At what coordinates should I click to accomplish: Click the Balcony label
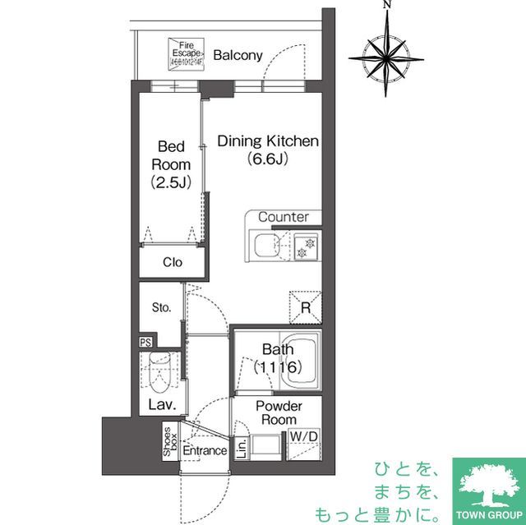(x=238, y=56)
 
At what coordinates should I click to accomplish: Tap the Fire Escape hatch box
(x=185, y=53)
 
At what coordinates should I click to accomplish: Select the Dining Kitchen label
(x=267, y=150)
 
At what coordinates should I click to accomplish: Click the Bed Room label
(x=170, y=164)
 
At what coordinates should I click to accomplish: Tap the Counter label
(x=284, y=217)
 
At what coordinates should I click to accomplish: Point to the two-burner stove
(x=305, y=246)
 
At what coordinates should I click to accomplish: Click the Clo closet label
(x=172, y=263)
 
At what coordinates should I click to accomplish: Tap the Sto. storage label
(x=161, y=308)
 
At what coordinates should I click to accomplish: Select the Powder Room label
(x=279, y=412)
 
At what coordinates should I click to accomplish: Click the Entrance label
(x=205, y=451)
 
